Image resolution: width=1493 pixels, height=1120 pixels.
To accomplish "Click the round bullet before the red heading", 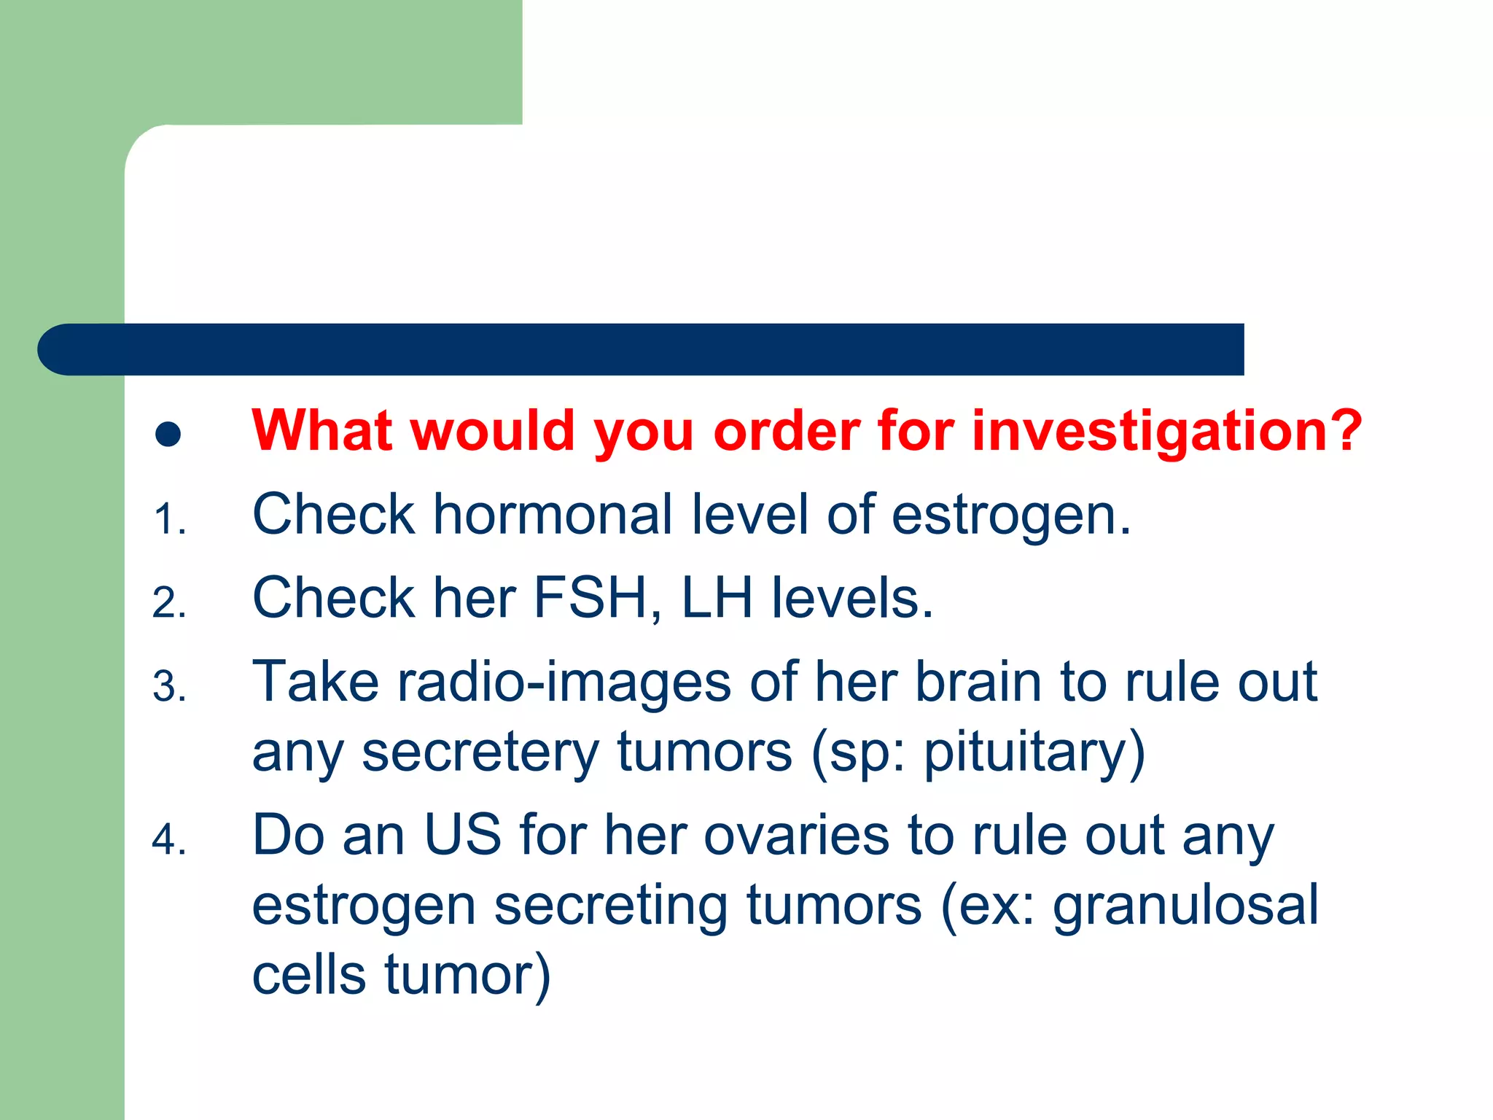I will click(168, 435).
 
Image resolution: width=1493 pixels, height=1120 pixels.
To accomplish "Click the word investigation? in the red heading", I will click(1166, 432).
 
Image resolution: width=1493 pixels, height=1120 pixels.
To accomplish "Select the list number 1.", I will click(169, 520).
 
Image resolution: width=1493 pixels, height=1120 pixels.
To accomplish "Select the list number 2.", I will click(169, 604).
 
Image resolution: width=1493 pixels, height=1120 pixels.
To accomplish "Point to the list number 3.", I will click(169, 688).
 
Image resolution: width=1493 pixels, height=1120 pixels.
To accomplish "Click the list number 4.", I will click(169, 840).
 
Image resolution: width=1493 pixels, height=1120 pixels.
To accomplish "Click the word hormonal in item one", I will click(553, 515).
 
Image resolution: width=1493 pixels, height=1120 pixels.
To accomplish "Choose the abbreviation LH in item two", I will click(716, 598).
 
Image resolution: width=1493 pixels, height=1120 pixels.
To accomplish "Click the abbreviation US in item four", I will click(462, 835).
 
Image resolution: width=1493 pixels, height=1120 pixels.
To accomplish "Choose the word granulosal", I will click(1185, 906).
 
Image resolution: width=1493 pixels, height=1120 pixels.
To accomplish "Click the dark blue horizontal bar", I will click(642, 349).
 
